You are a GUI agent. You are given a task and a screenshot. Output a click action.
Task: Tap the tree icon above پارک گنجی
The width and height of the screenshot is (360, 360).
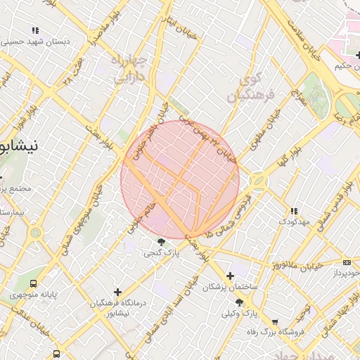[162, 243]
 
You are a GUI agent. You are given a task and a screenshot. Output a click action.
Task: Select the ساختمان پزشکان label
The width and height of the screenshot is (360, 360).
[231, 287]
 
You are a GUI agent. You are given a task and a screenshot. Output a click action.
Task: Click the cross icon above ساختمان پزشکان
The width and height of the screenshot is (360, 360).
[230, 276]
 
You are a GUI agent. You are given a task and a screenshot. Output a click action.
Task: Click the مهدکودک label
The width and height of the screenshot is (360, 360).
[295, 221]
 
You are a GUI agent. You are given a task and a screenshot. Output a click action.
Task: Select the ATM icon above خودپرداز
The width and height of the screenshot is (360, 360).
[347, 262]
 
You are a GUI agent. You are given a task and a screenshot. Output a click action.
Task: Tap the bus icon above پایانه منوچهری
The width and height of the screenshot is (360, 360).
[34, 284]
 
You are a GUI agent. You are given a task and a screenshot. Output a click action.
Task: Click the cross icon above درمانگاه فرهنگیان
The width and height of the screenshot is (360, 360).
[117, 292]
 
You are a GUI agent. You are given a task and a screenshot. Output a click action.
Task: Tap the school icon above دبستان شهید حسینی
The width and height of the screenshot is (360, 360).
[35, 30]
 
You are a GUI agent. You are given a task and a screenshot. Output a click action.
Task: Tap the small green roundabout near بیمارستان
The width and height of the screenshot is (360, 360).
[34, 233]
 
